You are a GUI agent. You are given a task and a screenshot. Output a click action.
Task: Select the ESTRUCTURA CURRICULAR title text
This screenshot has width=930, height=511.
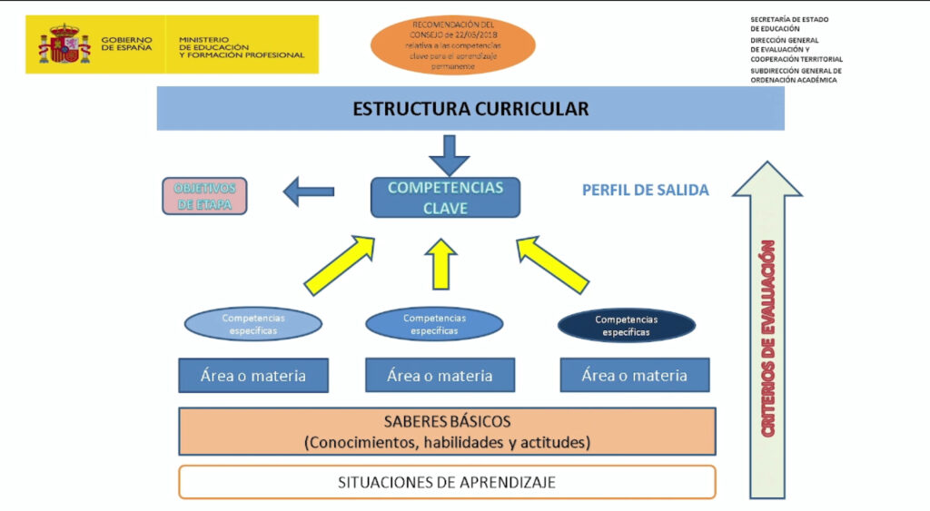click(470, 109)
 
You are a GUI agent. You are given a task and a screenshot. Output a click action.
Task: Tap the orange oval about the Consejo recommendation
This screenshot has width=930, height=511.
click(453, 44)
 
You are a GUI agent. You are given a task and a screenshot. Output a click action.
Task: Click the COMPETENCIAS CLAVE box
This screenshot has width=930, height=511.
click(445, 197)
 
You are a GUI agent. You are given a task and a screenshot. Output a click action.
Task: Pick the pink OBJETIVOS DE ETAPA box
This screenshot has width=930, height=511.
click(204, 196)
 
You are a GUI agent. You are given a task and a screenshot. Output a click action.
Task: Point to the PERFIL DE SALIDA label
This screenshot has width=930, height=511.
click(645, 191)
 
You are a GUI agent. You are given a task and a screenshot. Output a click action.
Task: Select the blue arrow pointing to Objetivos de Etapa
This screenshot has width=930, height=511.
click(308, 192)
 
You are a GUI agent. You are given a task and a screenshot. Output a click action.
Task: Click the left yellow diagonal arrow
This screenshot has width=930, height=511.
click(341, 265)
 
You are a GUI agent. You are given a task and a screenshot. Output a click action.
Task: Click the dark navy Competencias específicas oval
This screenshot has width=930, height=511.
click(626, 326)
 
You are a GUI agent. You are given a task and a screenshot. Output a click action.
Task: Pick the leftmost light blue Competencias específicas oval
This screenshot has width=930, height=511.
click(253, 325)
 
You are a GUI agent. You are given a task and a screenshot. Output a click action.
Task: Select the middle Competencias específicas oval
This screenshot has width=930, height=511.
click(434, 325)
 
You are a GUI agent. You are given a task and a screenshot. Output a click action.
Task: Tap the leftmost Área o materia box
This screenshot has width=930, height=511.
click(253, 376)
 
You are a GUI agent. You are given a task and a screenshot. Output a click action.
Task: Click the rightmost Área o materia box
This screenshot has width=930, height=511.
click(634, 375)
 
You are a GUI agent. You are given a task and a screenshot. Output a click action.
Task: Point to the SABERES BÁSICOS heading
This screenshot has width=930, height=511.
click(448, 422)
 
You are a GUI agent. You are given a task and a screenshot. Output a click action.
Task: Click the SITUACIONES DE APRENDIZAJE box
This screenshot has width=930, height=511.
click(447, 482)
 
